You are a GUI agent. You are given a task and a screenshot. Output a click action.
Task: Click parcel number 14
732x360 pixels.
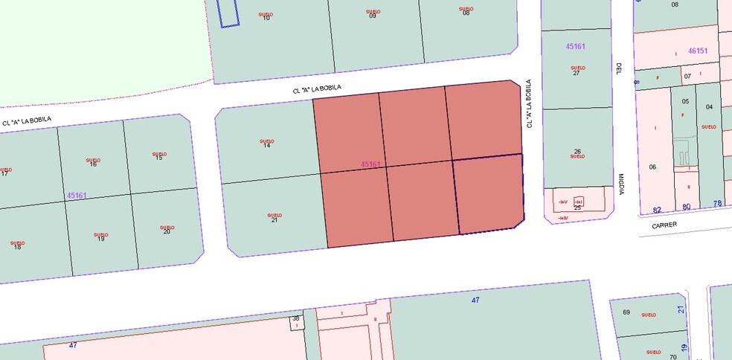[x=266, y=146]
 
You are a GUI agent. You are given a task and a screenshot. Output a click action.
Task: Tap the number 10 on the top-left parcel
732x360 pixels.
[x=266, y=18]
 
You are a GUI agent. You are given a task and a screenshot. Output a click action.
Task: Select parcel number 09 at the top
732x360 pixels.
[x=373, y=16]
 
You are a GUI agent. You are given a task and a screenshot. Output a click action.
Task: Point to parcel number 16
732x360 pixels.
[x=93, y=164]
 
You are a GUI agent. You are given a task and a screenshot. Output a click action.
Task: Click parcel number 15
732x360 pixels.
[x=158, y=158]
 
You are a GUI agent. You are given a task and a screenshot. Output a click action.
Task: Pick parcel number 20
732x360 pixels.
[x=166, y=231]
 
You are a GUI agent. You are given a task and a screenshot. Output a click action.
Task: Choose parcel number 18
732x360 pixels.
[x=17, y=246]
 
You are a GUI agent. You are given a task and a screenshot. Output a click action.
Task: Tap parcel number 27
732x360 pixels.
[x=577, y=73]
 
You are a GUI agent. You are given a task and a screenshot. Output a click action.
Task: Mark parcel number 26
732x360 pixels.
[x=577, y=151]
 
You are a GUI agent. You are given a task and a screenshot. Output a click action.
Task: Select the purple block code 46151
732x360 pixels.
[x=698, y=51]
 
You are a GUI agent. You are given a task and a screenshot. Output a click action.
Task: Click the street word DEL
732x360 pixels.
[x=617, y=69]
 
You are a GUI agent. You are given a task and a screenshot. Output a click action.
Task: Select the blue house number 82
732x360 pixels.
[x=657, y=210]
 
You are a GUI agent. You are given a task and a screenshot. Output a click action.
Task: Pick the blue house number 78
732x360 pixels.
[x=717, y=204]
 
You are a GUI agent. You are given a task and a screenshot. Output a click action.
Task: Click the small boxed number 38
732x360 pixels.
[x=295, y=319]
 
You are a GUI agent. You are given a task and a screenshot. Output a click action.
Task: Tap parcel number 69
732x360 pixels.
[x=626, y=312]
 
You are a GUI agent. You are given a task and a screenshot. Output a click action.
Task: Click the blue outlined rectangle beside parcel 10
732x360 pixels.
[x=228, y=13]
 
